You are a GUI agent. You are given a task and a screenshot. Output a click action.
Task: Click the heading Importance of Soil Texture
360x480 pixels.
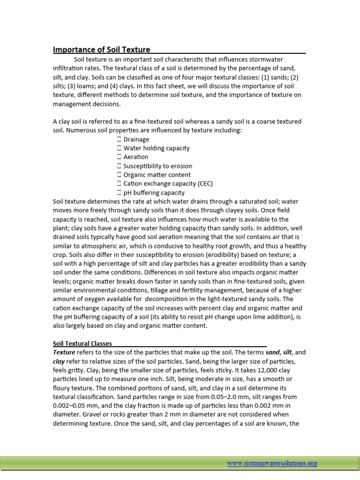coord(101,49)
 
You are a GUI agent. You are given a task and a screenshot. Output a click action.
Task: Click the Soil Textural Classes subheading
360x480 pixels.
coord(82,343)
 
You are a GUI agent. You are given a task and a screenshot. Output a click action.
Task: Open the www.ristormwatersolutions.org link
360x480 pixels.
coord(272,463)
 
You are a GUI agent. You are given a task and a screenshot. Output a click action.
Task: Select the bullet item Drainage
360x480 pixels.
coord(136,139)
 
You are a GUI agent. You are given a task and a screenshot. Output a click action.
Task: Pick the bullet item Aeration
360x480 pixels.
coord(135,157)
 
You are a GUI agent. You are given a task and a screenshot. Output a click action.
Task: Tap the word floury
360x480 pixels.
coord(63,388)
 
